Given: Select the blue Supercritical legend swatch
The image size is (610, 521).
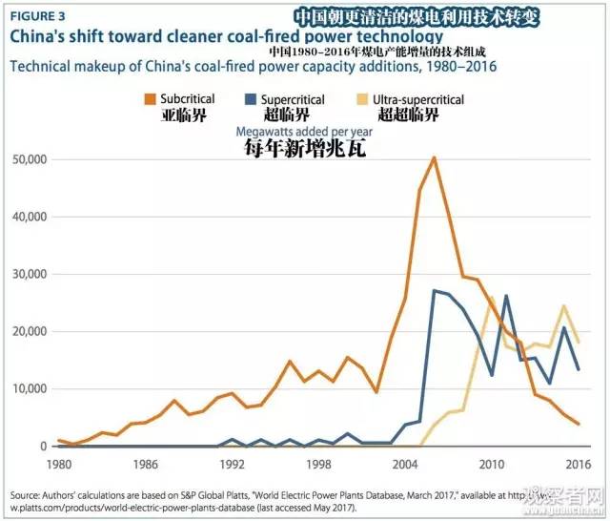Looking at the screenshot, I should [x=251, y=99].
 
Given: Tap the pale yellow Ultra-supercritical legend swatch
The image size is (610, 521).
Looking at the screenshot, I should [x=364, y=99].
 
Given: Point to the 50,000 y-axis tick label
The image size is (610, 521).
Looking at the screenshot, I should [x=28, y=158].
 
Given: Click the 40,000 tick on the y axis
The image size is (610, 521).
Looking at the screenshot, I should [x=28, y=217].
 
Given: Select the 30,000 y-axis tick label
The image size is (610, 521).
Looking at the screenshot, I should [x=28, y=274].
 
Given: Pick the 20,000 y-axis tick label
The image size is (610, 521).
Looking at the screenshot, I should [x=28, y=331].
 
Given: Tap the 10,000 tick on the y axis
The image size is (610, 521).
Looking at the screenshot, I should [x=28, y=388].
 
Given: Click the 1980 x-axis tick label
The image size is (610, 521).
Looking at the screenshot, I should [x=58, y=464].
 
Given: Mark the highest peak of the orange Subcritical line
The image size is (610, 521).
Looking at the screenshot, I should [x=435, y=157].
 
